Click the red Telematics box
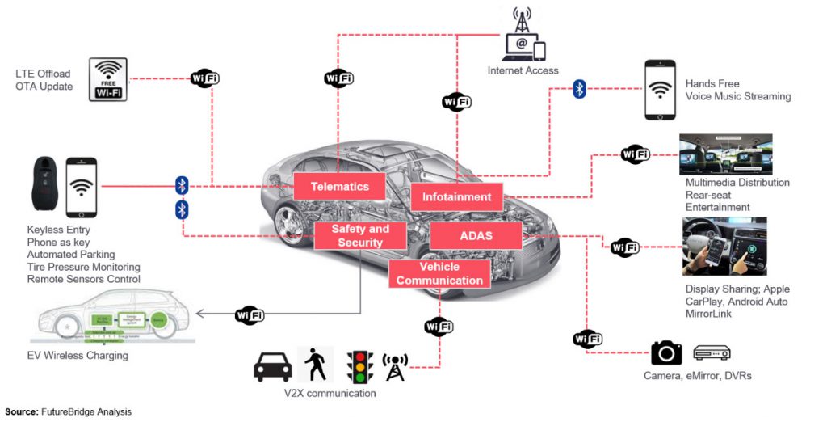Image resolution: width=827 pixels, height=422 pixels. [339, 187]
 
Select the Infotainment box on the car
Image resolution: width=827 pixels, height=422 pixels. [456, 197]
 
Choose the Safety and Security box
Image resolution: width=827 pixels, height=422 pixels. [360, 236]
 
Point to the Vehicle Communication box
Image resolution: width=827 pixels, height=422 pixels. [439, 273]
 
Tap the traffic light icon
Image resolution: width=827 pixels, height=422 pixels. [359, 365]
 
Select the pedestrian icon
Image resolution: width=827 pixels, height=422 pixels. [313, 364]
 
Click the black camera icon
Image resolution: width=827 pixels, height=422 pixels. [666, 352]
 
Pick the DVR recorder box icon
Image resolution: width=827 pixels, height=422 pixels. [712, 352]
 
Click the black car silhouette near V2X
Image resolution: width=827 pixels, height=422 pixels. [272, 366]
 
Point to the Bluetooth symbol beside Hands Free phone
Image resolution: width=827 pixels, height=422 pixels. [579, 89]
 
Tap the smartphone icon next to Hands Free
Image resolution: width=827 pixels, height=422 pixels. [659, 89]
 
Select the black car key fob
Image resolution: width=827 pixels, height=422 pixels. [44, 186]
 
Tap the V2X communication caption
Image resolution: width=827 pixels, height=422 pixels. [330, 394]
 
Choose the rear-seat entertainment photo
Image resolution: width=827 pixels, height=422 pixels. [725, 154]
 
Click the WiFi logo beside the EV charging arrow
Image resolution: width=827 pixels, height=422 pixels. [249, 314]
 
